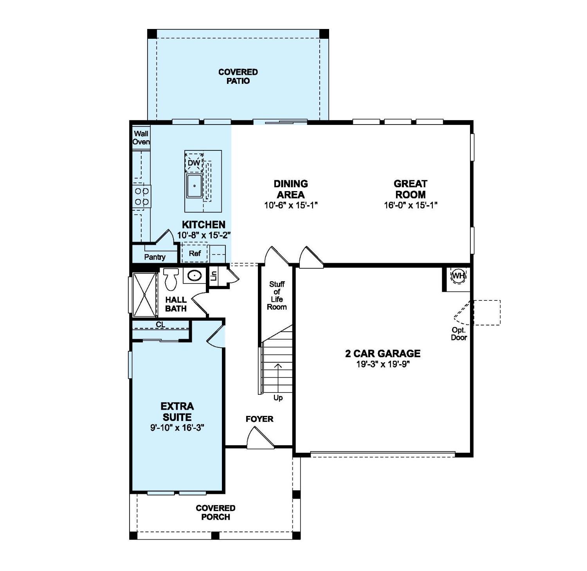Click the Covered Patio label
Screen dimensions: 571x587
coord(238,76)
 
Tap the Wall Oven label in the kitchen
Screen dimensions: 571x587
coord(141,138)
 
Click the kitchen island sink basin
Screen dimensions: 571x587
coord(194,186)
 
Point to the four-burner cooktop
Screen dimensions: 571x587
coord(142,197)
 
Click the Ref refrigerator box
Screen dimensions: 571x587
coord(194,253)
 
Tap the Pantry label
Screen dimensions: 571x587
coord(155,257)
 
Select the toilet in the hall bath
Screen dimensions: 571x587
coord(171,278)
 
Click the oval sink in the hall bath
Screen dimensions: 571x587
coord(194,276)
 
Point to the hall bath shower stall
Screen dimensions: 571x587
coord(144,295)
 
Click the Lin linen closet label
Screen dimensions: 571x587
coord(214,276)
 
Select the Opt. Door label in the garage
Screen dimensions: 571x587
coord(459,334)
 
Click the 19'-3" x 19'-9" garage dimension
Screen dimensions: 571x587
coord(383,364)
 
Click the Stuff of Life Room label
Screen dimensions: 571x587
coord(277,295)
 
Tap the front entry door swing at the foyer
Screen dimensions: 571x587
coord(259,439)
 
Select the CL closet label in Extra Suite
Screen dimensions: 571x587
coord(160,325)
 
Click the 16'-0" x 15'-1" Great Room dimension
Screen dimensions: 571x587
coord(410,205)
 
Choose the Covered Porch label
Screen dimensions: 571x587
coord(216,512)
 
